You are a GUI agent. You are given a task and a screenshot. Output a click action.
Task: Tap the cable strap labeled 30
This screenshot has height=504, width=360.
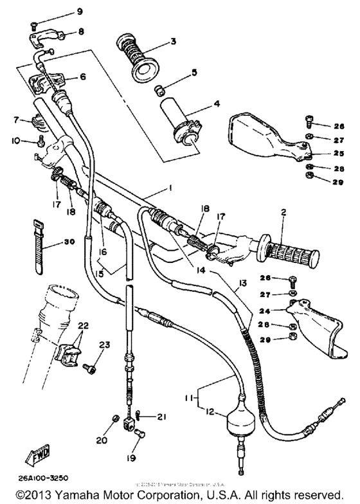click(x=37, y=246)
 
